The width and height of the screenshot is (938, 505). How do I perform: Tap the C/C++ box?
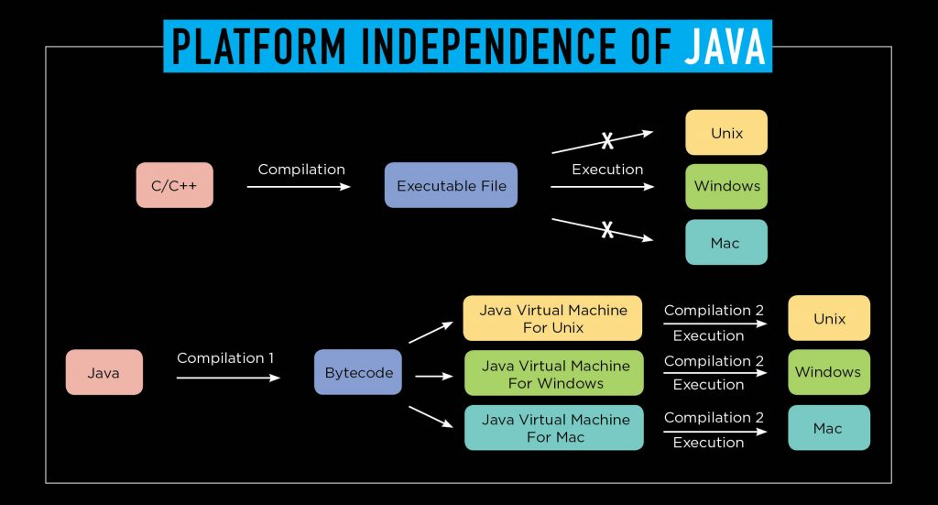tap(175, 186)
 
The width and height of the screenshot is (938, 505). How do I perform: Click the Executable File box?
tap(451, 186)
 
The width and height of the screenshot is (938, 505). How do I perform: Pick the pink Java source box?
tap(104, 373)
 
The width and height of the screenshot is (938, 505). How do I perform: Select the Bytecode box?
tap(358, 373)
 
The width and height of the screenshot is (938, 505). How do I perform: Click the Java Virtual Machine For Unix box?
tap(554, 319)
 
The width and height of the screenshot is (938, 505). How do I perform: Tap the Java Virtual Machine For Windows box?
tap(554, 373)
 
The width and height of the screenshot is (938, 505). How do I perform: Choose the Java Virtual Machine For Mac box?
tap(554, 428)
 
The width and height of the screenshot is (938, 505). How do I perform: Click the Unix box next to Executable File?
tap(726, 133)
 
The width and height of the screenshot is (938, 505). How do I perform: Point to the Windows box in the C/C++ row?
tap(726, 186)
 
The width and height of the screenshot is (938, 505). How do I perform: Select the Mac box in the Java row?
tap(828, 428)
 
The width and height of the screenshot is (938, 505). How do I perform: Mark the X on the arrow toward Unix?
tap(606, 140)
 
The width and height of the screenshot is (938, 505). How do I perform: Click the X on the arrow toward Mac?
tap(606, 230)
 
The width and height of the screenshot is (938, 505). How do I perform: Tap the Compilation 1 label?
tap(225, 358)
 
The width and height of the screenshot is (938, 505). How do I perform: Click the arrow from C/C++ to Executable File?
tap(299, 187)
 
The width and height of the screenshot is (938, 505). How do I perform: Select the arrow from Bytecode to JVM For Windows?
tap(435, 376)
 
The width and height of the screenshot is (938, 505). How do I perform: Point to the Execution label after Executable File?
tap(606, 170)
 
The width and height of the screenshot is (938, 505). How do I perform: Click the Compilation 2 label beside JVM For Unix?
tap(714, 311)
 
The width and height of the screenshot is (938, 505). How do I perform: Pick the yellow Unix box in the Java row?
tap(828, 319)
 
